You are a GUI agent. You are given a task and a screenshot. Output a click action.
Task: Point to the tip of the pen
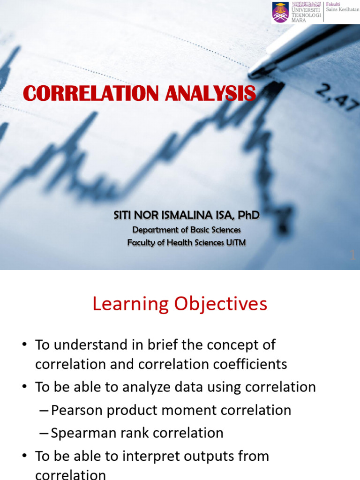click(253, 74)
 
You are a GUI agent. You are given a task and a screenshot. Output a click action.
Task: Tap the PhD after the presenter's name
click(248, 215)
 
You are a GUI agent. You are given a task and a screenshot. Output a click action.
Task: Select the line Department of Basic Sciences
click(186, 230)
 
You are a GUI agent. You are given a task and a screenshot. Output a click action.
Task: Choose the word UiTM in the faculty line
click(234, 242)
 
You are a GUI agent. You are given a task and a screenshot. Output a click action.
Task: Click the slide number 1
click(352, 255)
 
